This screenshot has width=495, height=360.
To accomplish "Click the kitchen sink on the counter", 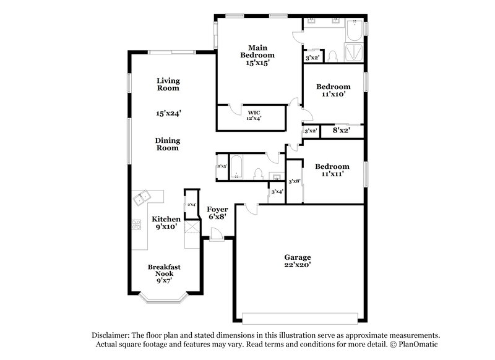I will (142, 199).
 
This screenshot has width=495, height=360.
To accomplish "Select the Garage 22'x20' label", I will (297, 260).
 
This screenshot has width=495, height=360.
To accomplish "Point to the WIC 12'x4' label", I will (254, 116).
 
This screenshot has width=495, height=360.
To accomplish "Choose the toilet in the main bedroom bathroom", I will (332, 56).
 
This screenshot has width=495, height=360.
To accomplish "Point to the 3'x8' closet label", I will (294, 181).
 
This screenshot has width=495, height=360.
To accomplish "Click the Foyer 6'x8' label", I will (217, 213).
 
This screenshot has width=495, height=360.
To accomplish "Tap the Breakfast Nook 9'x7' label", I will (163, 273).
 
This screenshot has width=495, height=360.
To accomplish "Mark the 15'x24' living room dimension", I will (168, 113).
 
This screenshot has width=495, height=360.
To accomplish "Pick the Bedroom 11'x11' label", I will (332, 170).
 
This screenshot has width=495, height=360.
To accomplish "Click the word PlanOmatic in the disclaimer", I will (419, 344).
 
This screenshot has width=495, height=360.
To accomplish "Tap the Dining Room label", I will (167, 144).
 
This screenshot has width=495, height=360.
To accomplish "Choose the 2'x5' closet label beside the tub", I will (222, 167).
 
